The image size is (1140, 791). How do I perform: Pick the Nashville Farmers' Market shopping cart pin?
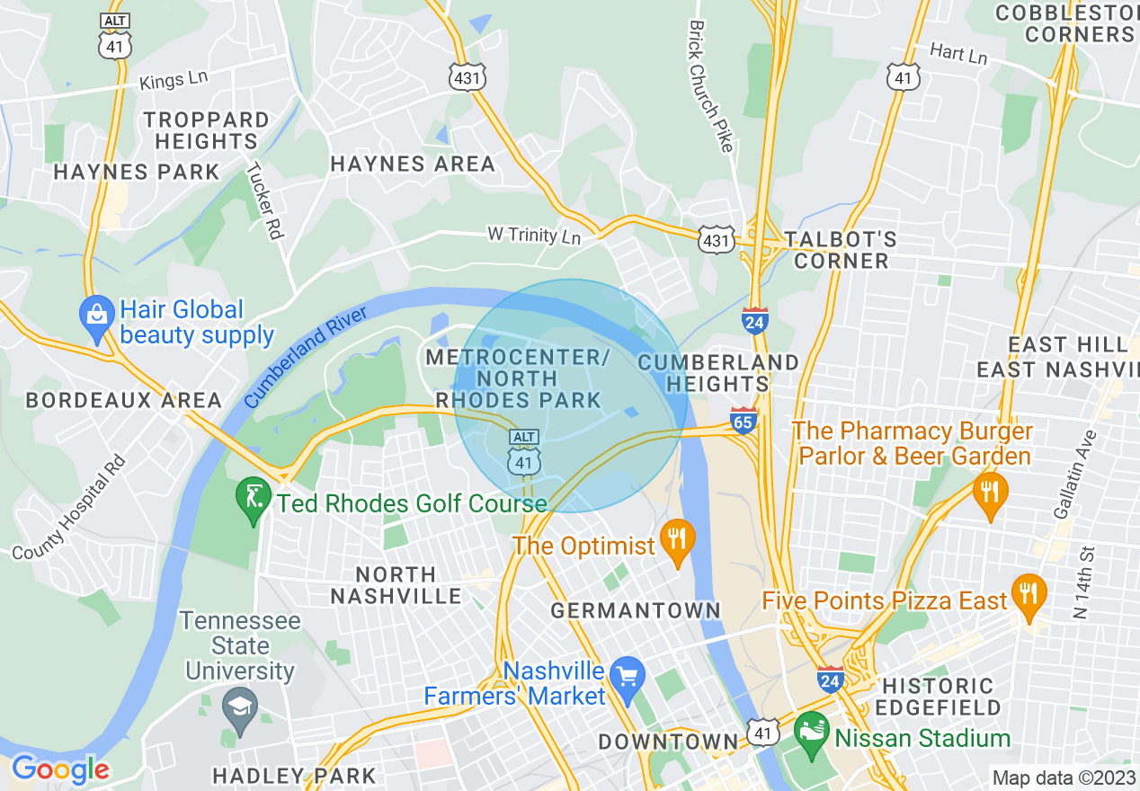point(626,674)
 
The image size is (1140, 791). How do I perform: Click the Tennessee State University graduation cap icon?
point(240,705)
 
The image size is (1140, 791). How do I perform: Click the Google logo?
point(60,769)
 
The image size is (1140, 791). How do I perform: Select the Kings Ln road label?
point(174,79)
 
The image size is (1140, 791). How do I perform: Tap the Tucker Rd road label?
point(265,200)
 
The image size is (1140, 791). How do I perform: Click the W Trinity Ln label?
point(534,236)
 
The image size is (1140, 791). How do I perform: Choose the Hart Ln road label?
point(958,54)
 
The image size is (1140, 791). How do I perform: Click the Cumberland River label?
point(306,357)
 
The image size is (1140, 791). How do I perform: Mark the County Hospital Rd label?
point(69,511)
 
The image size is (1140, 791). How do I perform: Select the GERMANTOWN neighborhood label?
point(636,611)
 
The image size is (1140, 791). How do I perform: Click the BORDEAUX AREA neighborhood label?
point(123,400)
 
